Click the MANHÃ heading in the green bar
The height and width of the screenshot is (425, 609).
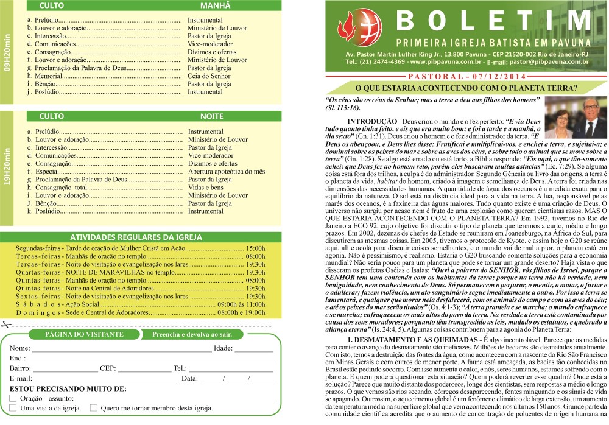[215, 5]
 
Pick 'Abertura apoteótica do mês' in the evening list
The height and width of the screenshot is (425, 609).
[226, 172]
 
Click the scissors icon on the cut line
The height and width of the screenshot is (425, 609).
[7, 325]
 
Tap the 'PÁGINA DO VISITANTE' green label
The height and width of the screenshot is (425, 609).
[76, 334]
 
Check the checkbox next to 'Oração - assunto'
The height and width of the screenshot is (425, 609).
[13, 398]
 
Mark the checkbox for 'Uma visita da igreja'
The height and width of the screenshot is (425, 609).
[13, 408]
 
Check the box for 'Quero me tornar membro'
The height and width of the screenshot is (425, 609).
[94, 408]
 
